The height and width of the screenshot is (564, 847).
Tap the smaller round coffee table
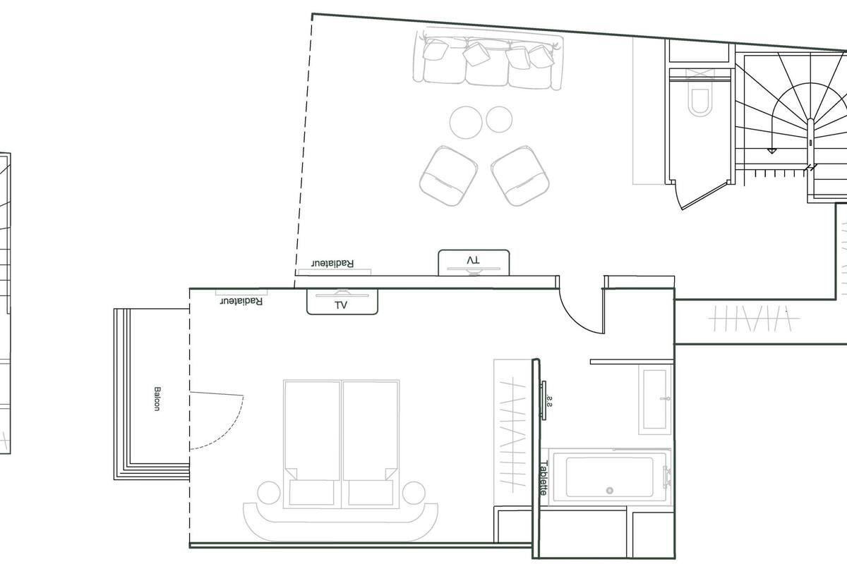(x=498, y=119)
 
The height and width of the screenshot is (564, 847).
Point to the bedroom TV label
(x=342, y=305)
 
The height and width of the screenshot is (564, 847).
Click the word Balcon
(x=156, y=398)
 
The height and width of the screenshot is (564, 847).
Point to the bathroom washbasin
(x=656, y=398)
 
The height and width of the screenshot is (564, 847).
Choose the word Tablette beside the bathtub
(x=543, y=477)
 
